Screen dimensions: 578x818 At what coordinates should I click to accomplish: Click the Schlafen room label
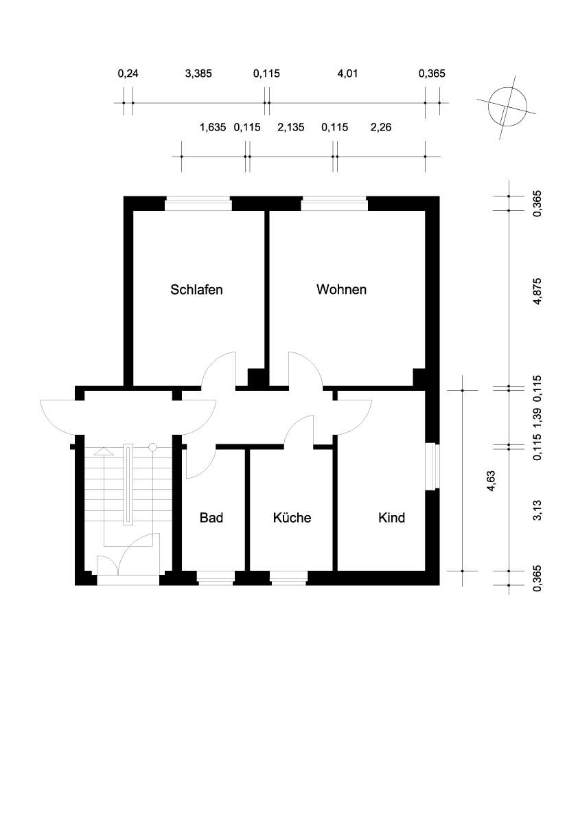pos(196,290)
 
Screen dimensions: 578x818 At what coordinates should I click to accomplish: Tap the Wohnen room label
pos(341,290)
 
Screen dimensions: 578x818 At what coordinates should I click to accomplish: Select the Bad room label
pos(211,517)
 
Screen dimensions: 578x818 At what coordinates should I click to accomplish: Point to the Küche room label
pos(292,517)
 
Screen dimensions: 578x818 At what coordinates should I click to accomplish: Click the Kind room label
pos(391,517)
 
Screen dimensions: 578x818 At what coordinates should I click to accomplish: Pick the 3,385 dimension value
pos(198,73)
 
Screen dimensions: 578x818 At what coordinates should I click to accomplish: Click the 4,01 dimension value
pos(347,73)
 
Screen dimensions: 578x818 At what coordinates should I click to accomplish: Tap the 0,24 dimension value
pos(128,73)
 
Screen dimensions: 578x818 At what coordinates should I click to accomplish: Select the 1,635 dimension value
pos(213,127)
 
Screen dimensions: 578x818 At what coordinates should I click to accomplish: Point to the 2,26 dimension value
pos(381,127)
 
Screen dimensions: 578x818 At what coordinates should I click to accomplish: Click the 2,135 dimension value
pos(291,127)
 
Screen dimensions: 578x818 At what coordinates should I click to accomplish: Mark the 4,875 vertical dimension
pos(537,291)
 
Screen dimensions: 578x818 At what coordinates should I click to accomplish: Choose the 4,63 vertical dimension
pos(490,481)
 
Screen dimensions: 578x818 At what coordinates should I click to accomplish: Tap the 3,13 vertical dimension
pos(537,510)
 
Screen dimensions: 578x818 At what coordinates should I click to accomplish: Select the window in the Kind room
pos(432,466)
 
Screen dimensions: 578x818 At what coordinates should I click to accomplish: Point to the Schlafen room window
pos(198,203)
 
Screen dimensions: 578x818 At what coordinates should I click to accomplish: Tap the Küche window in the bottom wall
pos(289,578)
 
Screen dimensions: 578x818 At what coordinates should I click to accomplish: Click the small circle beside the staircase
pos(152,447)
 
